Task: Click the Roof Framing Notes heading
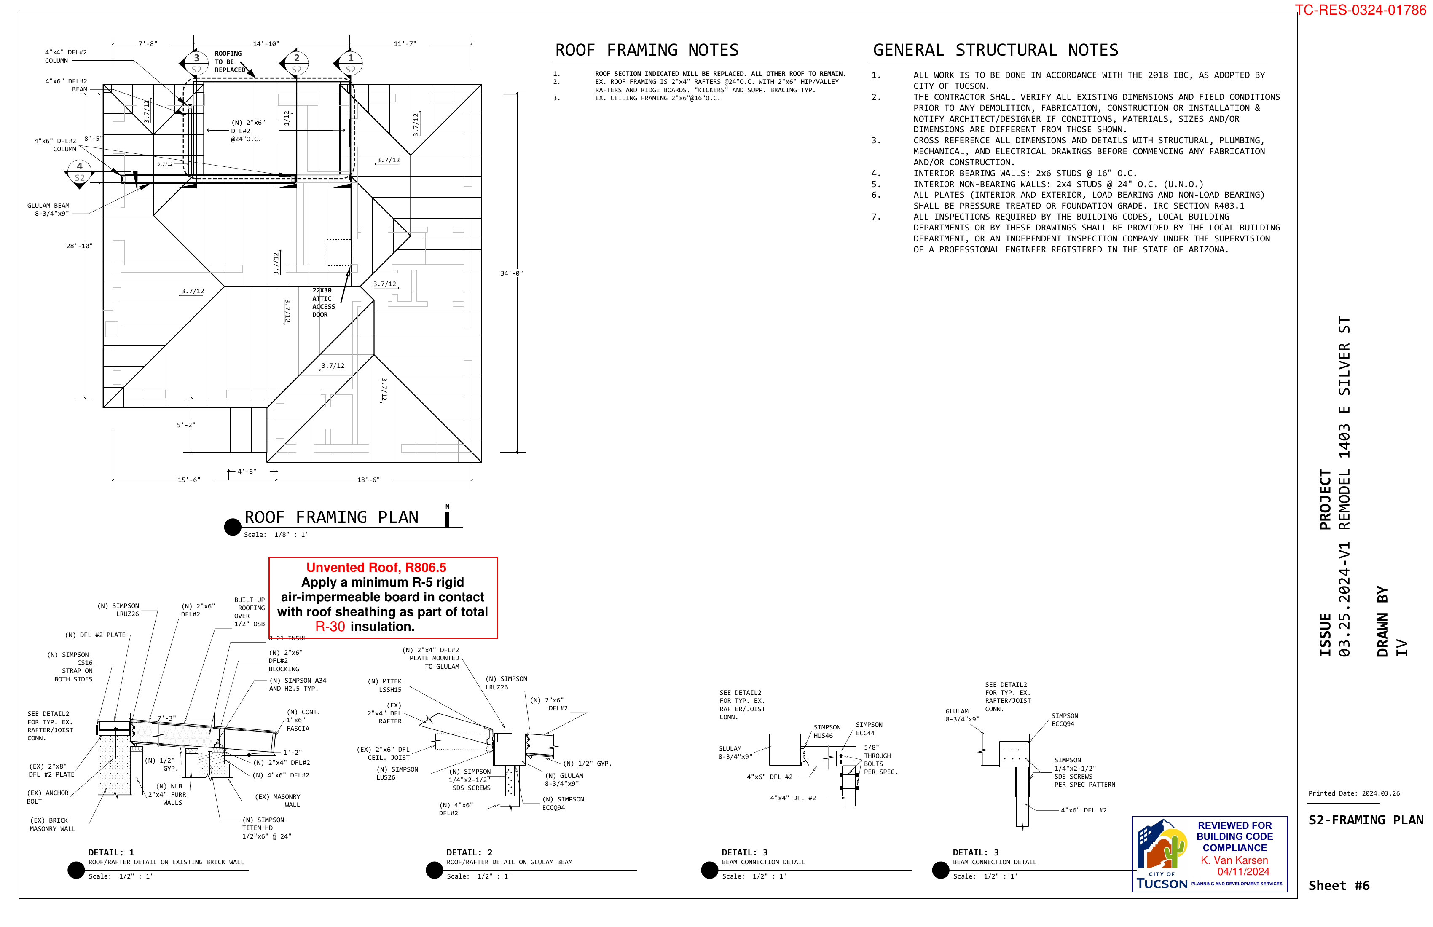click(647, 50)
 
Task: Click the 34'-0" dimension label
click(511, 273)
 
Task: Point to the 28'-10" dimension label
click(80, 246)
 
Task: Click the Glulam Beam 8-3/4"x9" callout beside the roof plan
click(49, 209)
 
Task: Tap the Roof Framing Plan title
click(331, 518)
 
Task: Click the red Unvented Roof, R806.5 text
click(376, 568)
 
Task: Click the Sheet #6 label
click(1339, 885)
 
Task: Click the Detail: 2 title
click(469, 852)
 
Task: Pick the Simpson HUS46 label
click(827, 731)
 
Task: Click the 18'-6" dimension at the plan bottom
click(368, 480)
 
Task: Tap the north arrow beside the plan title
click(447, 517)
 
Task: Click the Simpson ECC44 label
click(869, 729)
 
